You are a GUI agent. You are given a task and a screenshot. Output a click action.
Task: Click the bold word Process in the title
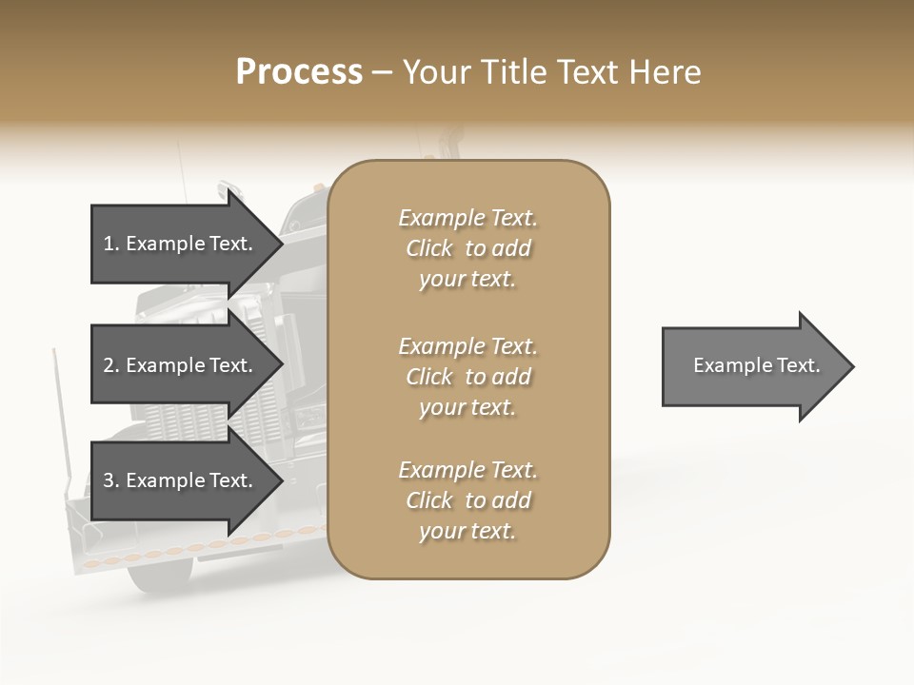299,71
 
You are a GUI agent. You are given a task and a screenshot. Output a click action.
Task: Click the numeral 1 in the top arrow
108,244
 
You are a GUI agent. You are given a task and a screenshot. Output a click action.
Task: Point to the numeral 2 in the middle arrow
109,365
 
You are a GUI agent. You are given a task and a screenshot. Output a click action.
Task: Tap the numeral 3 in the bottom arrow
109,480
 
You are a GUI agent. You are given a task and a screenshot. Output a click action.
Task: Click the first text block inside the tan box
467,248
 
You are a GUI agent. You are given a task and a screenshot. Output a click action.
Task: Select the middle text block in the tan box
467,376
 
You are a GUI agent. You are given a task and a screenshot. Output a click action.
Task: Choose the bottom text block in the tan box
467,500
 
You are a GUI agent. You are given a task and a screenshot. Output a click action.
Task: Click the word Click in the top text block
428,248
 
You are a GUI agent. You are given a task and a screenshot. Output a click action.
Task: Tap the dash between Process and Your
383,72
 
